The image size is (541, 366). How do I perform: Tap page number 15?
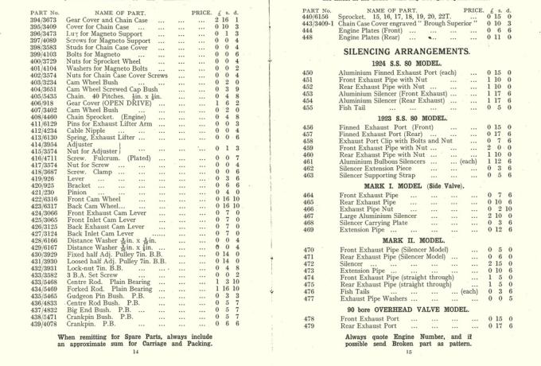point(407,351)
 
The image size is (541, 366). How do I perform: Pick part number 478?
point(286,319)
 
